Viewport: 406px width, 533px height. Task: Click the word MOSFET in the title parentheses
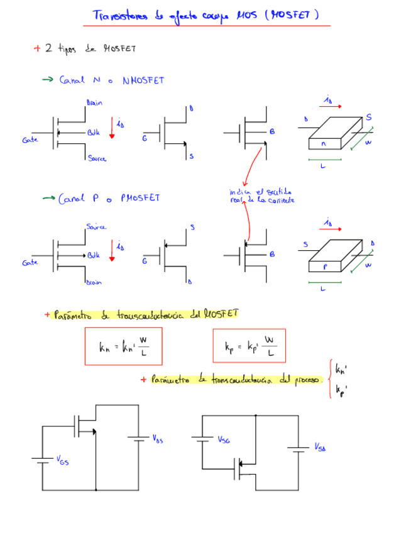point(292,14)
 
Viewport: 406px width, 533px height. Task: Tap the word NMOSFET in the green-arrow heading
point(143,80)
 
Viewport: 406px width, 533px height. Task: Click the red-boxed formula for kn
point(123,346)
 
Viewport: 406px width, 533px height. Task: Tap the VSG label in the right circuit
point(223,440)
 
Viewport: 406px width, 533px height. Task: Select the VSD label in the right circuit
point(320,447)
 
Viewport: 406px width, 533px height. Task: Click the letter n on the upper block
point(323,144)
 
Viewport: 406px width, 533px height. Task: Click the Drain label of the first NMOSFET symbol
point(94,102)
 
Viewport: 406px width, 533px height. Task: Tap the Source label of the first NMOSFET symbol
point(97,159)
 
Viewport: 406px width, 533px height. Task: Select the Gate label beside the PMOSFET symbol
point(30,263)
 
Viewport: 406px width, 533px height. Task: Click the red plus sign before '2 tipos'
point(37,48)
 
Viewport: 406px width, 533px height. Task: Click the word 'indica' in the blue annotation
point(240,192)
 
